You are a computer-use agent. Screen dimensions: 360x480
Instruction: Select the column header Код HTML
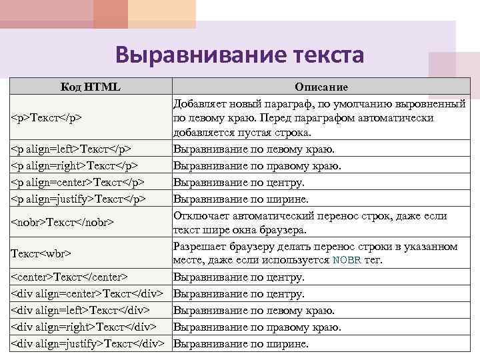(x=91, y=87)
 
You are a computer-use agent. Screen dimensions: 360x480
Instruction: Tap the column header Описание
(x=321, y=87)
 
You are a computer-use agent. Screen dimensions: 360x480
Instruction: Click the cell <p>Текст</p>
(x=46, y=118)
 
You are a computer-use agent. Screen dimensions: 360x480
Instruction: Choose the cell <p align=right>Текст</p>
(x=75, y=165)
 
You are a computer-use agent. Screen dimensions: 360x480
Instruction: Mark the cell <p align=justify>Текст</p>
(x=79, y=199)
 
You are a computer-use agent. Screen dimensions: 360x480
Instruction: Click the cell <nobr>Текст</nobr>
(x=63, y=222)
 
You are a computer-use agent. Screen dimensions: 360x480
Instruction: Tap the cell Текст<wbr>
(x=41, y=253)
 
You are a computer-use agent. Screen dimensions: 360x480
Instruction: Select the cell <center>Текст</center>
(x=69, y=277)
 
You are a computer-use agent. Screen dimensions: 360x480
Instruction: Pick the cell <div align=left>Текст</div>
(x=80, y=310)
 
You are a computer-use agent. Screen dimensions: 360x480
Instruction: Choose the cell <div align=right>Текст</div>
(x=83, y=327)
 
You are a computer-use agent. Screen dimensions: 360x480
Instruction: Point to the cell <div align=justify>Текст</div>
(x=87, y=343)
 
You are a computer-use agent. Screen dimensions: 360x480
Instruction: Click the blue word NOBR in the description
(x=346, y=261)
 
